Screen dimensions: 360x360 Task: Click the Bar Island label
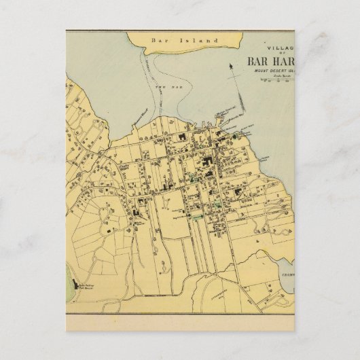[194, 40]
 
